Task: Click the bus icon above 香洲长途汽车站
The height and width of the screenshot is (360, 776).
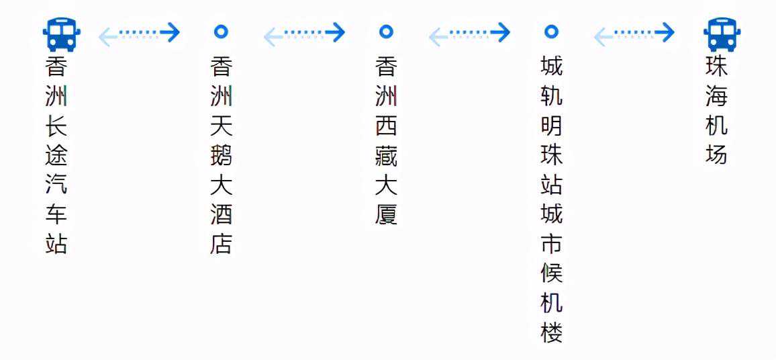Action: [x=61, y=35]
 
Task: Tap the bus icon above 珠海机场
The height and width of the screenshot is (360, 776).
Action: [x=722, y=35]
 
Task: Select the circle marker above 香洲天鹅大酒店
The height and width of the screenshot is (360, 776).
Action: [x=221, y=32]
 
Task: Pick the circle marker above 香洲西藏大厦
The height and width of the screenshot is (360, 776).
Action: [x=386, y=32]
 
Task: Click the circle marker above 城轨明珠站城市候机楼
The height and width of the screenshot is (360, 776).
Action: [x=551, y=32]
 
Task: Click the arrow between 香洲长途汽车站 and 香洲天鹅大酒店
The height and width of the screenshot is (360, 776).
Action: [x=140, y=34]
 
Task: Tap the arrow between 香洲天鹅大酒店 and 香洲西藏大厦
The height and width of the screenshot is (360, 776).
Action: [x=304, y=34]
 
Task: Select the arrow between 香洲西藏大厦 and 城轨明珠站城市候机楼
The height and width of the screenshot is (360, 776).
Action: [x=469, y=34]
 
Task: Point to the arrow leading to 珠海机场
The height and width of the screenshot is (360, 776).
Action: [x=634, y=34]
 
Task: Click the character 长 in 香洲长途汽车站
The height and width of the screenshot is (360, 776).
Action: [x=56, y=126]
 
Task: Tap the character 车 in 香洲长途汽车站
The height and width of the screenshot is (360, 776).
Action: [x=56, y=214]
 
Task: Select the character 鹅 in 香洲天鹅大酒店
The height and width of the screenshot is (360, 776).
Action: [x=222, y=155]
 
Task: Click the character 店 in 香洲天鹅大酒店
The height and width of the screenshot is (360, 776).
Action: [x=222, y=243]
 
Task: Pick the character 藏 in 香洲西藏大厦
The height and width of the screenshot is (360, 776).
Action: [x=386, y=155]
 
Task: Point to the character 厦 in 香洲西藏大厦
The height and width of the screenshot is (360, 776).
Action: [x=386, y=214]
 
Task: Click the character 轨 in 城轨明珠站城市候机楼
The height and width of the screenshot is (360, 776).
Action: [x=551, y=96]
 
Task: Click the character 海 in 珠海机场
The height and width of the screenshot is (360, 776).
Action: [x=717, y=96]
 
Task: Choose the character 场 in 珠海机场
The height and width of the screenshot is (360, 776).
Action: [x=717, y=155]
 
